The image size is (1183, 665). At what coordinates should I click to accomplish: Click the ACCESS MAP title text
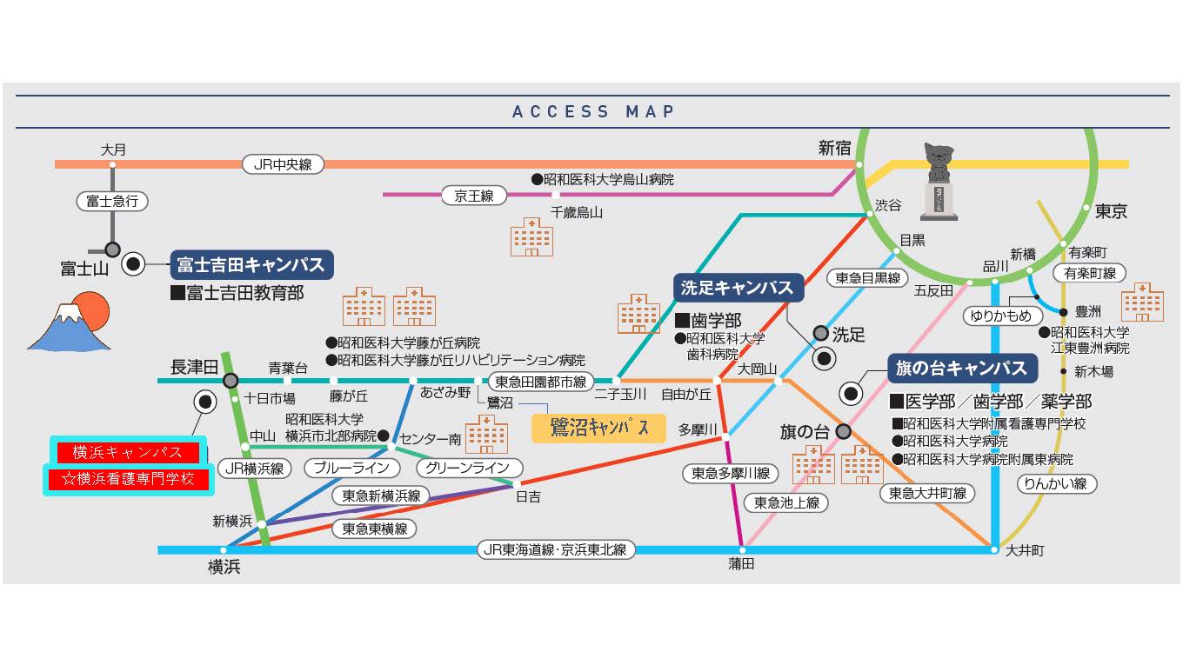[x=594, y=111]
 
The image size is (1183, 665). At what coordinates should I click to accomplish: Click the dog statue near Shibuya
[x=939, y=181]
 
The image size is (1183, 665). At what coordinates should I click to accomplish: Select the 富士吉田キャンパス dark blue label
[x=251, y=264]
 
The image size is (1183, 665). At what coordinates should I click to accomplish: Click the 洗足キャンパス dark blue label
[x=737, y=288]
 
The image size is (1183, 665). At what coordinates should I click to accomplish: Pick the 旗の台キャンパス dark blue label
[x=962, y=368]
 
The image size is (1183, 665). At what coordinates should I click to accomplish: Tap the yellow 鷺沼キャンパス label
[x=598, y=428]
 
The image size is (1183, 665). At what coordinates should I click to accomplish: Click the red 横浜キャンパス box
[x=127, y=452]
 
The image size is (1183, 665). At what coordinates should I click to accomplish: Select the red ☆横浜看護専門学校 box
[x=128, y=479]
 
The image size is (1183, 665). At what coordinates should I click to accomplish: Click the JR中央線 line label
[x=283, y=163]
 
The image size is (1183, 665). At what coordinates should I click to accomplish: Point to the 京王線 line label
[x=473, y=196]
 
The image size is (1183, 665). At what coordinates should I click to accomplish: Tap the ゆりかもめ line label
[x=1001, y=316]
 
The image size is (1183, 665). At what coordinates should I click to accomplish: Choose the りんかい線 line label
[x=1056, y=483]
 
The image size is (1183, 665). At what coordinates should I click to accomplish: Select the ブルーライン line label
[x=352, y=468]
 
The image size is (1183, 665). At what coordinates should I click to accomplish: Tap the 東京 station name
[x=1111, y=211]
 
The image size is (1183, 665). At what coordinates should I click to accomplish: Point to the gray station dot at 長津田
[x=231, y=381]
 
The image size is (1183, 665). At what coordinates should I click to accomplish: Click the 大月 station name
[x=113, y=150]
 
